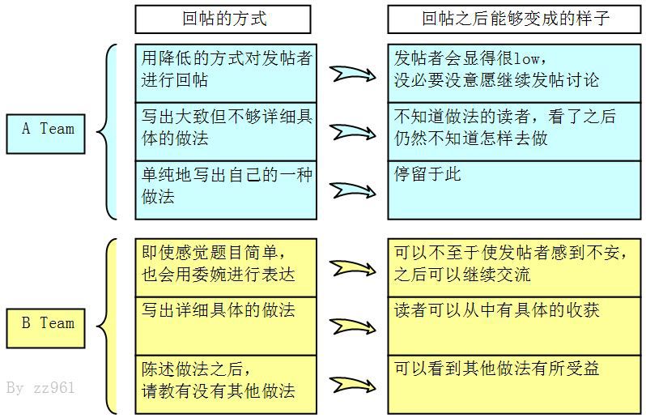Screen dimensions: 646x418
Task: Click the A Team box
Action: coord(45,134)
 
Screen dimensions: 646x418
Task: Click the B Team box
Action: coord(45,328)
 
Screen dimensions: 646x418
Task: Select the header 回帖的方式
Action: coord(223,19)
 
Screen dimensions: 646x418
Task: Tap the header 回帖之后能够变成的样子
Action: coord(514,19)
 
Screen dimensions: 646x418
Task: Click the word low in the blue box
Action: coord(526,58)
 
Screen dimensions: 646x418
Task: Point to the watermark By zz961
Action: coord(40,388)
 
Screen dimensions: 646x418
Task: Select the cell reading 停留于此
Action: coord(514,190)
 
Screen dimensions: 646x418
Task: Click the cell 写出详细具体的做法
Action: coord(226,326)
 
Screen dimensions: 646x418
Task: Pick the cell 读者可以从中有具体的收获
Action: coord(514,326)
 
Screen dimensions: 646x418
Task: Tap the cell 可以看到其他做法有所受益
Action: coord(514,385)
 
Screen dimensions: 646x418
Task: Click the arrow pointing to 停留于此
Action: coord(352,190)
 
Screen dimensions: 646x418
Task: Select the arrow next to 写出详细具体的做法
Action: coord(352,326)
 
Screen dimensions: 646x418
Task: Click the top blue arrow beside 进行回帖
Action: coord(352,74)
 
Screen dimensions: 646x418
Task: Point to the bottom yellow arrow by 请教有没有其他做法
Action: coord(352,385)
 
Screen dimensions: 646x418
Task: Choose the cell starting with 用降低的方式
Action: coord(226,74)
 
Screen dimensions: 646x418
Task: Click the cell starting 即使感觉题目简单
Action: coord(226,267)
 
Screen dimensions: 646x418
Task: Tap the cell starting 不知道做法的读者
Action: coord(514,132)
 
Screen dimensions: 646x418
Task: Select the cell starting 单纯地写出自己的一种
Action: coord(226,190)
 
